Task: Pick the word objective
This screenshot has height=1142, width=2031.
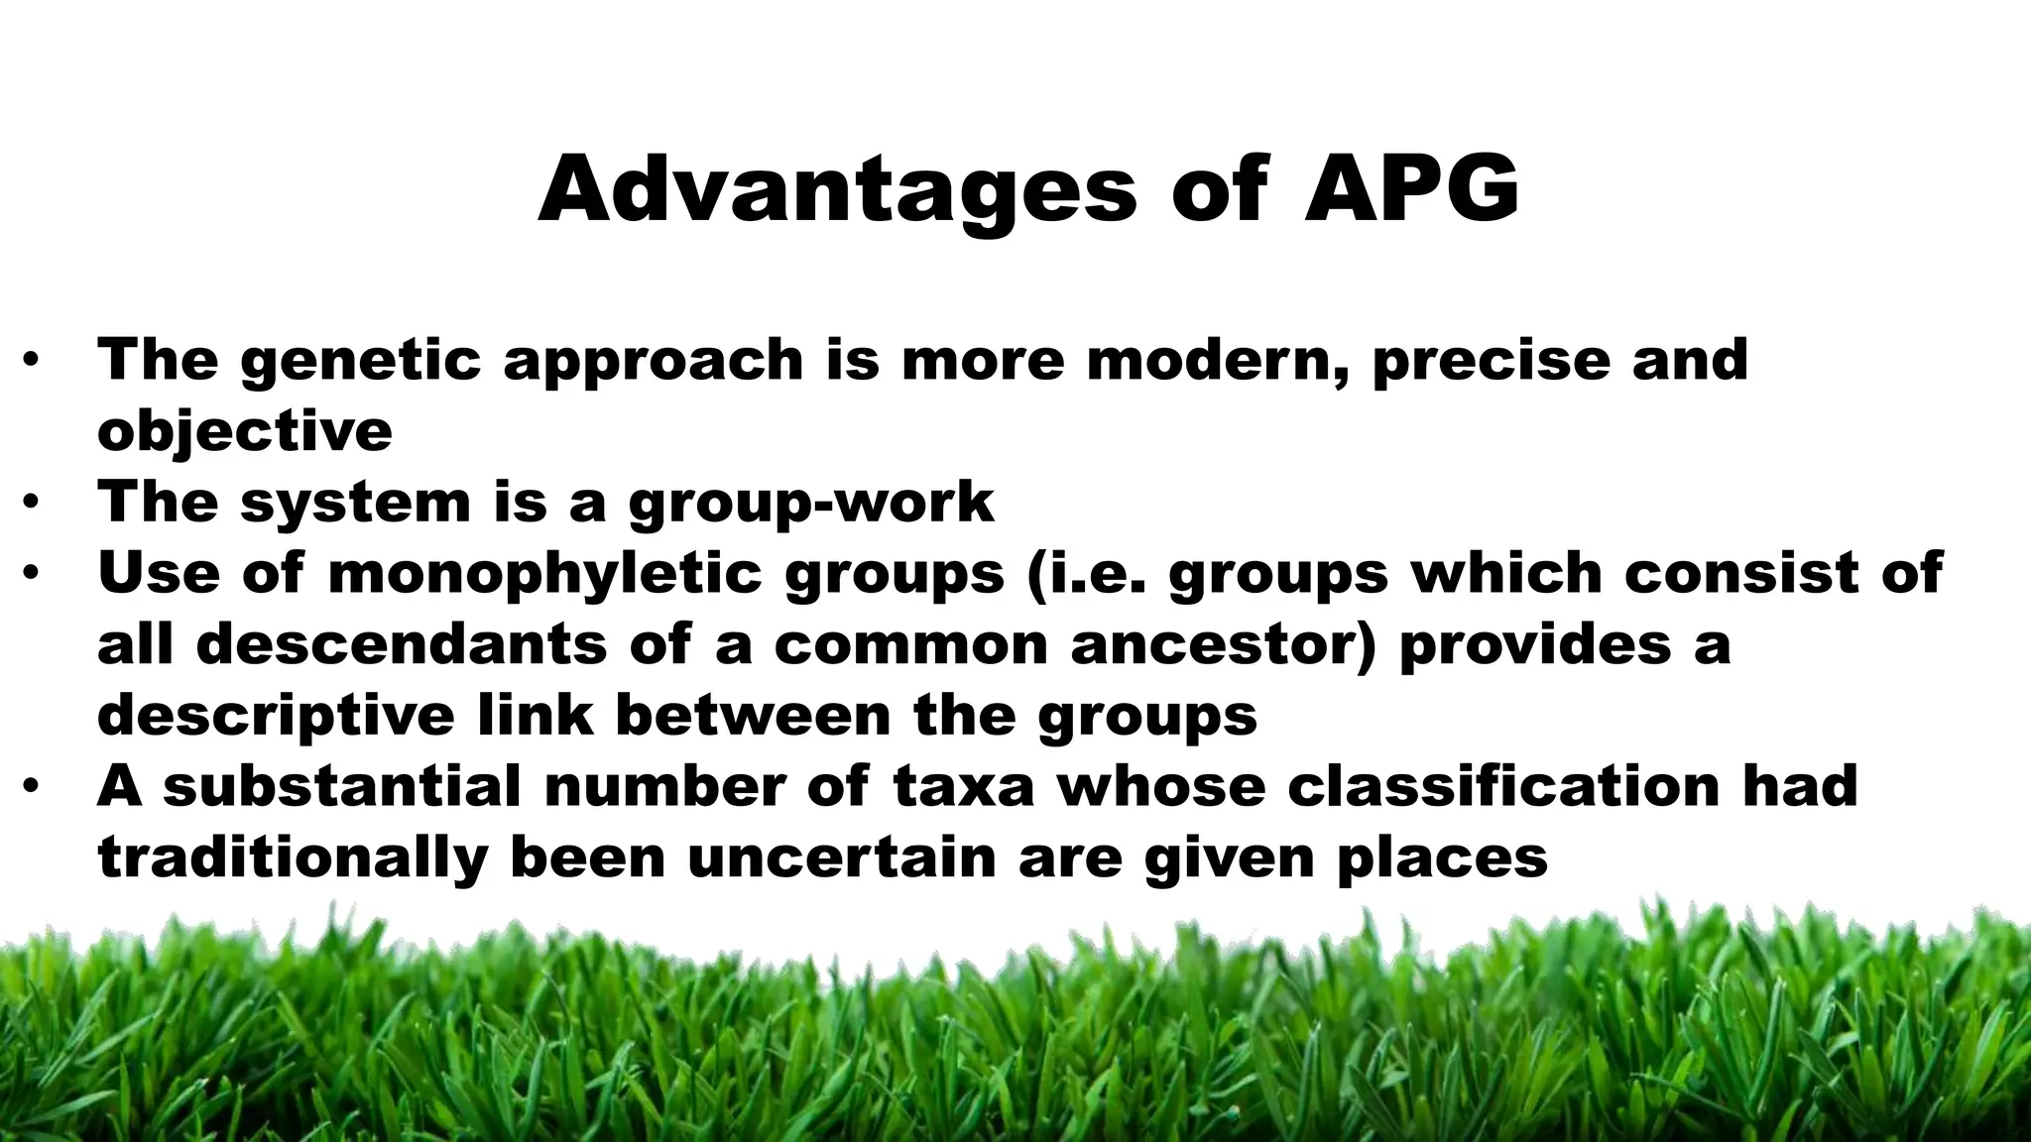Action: (245, 431)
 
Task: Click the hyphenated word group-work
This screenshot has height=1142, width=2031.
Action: (810, 503)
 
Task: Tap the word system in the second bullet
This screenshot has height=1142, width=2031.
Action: (355, 502)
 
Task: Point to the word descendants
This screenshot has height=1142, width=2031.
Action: (402, 645)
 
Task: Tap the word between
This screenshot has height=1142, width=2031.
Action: (753, 716)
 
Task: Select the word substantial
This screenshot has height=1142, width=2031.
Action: (342, 787)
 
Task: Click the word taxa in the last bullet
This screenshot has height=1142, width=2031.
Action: (963, 787)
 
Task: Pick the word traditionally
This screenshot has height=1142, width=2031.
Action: (293, 858)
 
